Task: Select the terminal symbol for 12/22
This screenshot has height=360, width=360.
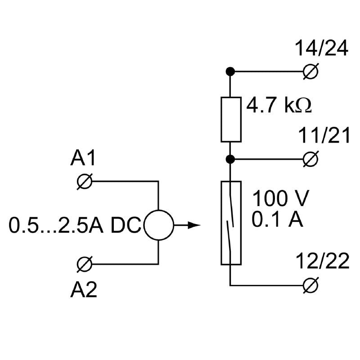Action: coord(310,285)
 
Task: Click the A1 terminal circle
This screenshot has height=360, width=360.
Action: coord(85,181)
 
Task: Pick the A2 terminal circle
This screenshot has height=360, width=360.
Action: coord(85,263)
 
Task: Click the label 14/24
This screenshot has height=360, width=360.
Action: coord(321,49)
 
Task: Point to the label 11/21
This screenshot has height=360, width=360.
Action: coord(324,136)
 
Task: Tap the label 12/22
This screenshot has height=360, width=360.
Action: coord(323,262)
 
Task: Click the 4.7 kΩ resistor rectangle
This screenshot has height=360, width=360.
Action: coord(230,119)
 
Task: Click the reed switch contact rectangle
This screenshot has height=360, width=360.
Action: coord(231,222)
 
